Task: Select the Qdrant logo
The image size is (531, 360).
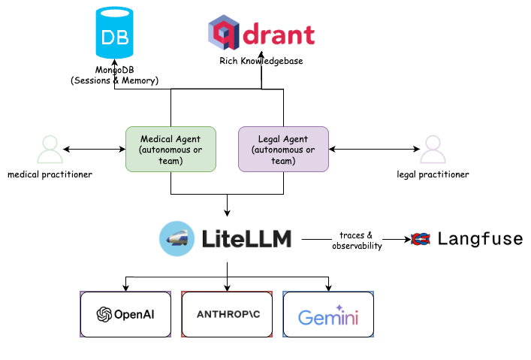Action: pos(261,34)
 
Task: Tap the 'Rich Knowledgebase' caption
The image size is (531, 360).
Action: pos(261,61)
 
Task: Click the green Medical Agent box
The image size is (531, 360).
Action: pos(170,150)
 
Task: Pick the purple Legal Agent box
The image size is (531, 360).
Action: pos(283,150)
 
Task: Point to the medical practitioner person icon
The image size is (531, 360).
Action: pos(49,150)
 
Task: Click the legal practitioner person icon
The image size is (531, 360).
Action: pos(433,150)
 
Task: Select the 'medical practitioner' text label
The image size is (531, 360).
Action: pos(49,174)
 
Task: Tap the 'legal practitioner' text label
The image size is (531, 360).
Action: pos(433,174)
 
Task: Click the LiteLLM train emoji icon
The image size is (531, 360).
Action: pos(176,239)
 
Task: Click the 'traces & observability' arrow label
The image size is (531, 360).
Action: pos(355,241)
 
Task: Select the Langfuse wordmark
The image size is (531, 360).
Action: pos(479,239)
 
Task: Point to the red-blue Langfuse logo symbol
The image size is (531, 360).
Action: pos(421,239)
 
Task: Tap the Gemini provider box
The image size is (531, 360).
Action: pos(328,315)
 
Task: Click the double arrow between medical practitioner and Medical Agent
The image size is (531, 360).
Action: pos(94,150)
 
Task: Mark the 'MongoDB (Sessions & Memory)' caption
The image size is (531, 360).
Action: pos(114,75)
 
